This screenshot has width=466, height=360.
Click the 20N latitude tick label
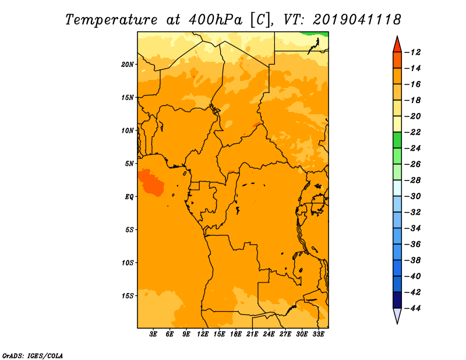128,65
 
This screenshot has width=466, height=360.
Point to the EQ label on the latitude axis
129,197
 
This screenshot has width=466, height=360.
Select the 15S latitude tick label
128,296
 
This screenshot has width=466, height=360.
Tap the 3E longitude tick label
153,334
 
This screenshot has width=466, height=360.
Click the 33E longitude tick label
318,334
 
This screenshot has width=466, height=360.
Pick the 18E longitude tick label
236,334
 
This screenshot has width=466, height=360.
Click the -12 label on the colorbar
413,52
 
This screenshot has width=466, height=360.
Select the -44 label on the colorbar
413,308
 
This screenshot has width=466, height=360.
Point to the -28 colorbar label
413,181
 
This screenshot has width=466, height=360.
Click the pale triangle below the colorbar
397,315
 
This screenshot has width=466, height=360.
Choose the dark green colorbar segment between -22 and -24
397,140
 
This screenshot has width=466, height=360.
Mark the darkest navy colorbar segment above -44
397,300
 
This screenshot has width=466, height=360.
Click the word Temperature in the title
111,20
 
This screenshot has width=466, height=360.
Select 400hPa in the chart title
215,20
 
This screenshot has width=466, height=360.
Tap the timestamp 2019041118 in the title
357,20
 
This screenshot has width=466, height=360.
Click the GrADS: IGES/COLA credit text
33,356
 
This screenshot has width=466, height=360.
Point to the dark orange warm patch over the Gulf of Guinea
151,182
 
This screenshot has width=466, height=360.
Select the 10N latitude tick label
128,130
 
